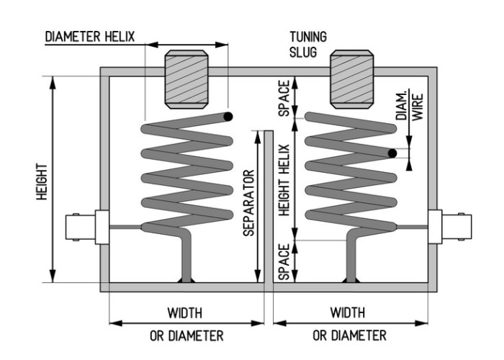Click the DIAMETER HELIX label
(x=90, y=37)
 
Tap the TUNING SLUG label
(x=308, y=45)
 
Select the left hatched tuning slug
(x=186, y=79)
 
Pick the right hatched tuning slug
(x=352, y=79)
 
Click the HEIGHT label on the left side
(x=42, y=181)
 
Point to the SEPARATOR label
(x=249, y=203)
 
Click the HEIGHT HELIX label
(x=284, y=180)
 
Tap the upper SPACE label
(x=284, y=98)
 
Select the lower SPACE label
(x=284, y=261)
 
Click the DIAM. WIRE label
(x=410, y=107)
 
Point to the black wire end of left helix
(x=228, y=117)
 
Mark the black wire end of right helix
(x=392, y=153)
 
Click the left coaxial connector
(x=87, y=227)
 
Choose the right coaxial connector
(x=450, y=227)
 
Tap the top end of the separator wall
(x=269, y=131)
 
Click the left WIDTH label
(x=185, y=312)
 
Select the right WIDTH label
(x=348, y=312)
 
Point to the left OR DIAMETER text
(x=186, y=336)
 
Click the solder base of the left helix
(x=186, y=280)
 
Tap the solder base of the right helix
(x=352, y=280)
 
